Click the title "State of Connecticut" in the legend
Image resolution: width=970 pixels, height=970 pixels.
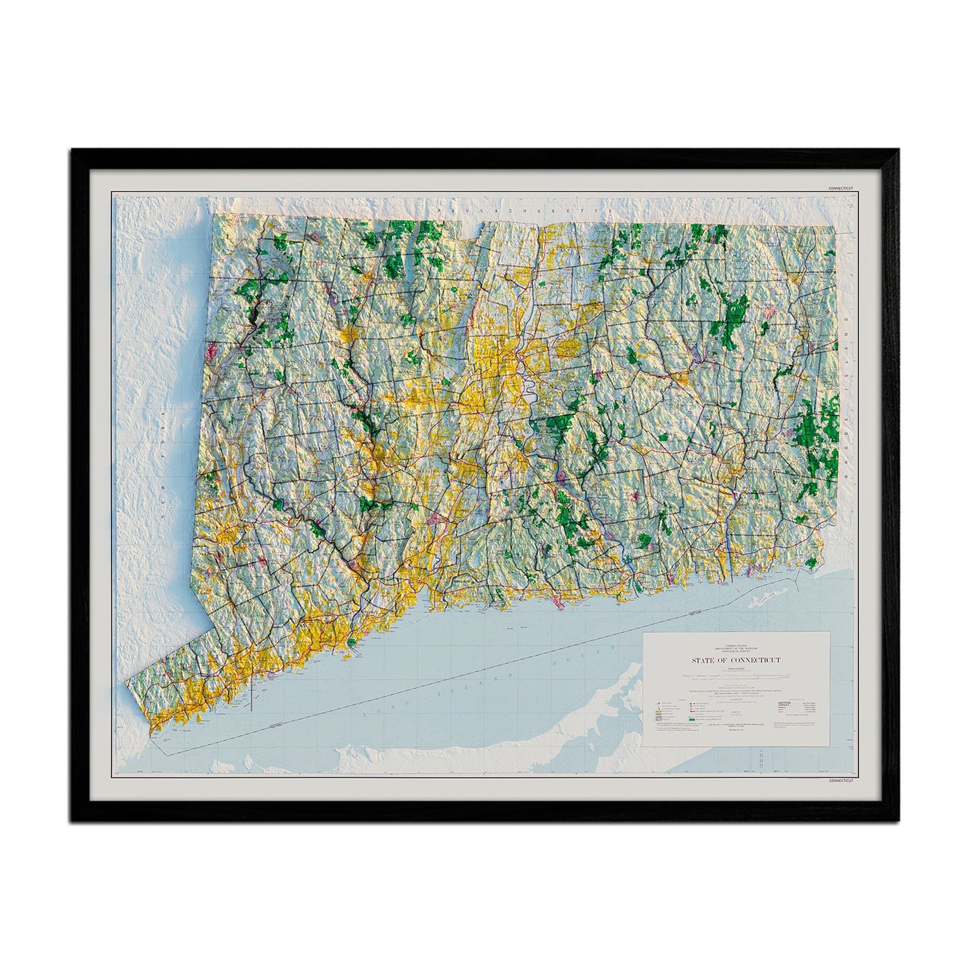736,661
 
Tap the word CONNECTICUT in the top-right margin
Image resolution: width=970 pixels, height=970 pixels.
840,188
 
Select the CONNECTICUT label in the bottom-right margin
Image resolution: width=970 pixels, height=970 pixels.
840,781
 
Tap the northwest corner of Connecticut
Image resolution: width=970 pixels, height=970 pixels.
213,215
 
